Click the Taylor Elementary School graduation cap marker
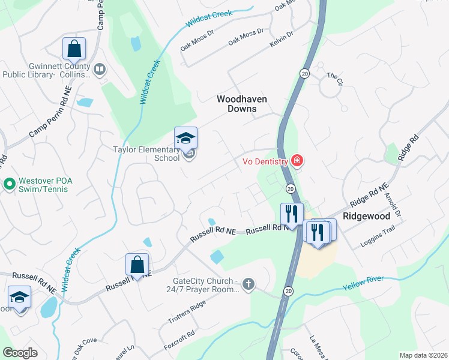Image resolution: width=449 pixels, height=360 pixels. [185, 139]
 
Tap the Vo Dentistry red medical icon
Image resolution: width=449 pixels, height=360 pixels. [296, 160]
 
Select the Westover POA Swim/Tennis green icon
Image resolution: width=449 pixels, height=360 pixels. [9, 183]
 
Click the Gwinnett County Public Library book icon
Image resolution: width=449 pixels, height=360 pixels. [99, 71]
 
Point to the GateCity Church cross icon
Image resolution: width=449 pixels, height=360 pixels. [249, 284]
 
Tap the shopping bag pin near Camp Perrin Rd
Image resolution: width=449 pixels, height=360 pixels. [74, 48]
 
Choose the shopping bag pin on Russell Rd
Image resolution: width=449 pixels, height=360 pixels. [137, 265]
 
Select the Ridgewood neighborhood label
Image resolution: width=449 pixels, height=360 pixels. [366, 215]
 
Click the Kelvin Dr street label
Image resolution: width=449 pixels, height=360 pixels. [282, 37]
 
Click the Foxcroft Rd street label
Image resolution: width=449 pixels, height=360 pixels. [179, 341]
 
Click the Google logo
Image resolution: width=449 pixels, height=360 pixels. [20, 352]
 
